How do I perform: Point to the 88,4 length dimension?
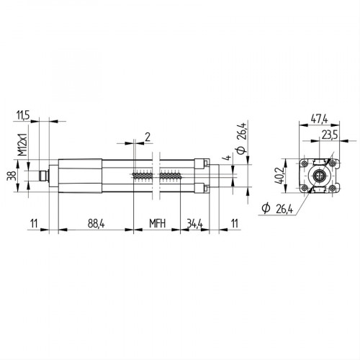(96, 224)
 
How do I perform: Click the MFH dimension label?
(157, 224)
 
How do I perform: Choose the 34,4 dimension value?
(194, 224)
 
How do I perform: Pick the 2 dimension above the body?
(147, 135)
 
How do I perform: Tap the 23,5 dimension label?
(330, 134)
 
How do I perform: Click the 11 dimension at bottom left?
(35, 224)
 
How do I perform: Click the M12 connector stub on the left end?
(43, 175)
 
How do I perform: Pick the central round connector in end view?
(319, 175)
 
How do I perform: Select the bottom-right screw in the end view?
(333, 189)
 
